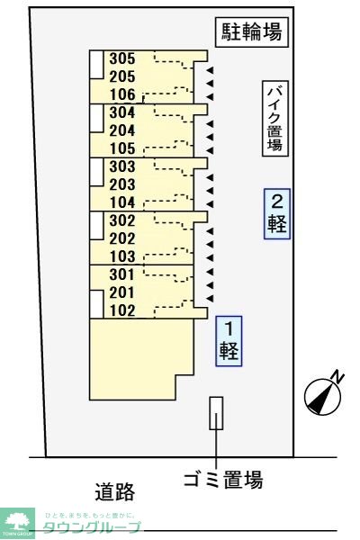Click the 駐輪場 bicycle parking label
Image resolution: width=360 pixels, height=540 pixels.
click(252, 33)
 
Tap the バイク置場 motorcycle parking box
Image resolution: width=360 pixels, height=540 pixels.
click(275, 120)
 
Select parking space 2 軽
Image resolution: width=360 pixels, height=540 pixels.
click(277, 213)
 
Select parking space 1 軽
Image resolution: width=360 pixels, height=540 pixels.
click(229, 340)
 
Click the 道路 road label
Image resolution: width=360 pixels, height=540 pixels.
click(114, 491)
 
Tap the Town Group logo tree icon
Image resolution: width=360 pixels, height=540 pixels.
click(16, 520)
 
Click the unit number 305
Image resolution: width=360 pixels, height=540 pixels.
click(121, 59)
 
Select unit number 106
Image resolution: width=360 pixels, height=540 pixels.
click(121, 94)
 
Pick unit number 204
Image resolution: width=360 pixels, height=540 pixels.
click(121, 130)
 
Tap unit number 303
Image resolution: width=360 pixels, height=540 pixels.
click(121, 166)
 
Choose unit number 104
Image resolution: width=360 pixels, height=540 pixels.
click(121, 202)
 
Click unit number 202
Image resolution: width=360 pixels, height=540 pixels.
click(121, 238)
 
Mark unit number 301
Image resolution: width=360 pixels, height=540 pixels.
click(121, 274)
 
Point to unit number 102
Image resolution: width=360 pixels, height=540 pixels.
click(121, 311)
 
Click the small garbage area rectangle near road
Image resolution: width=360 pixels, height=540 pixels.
click(215, 413)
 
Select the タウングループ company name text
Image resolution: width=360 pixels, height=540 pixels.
click(92, 527)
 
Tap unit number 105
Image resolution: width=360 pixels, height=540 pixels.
click(121, 148)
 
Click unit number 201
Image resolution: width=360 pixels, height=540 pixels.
click(121, 292)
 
